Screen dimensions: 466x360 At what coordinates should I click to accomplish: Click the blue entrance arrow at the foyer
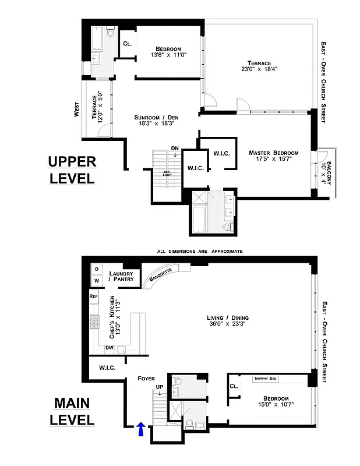click(140, 430)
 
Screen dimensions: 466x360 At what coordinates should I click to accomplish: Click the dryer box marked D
click(96, 269)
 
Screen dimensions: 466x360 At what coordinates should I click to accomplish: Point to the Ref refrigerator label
click(93, 296)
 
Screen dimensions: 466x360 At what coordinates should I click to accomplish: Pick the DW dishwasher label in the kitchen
click(109, 348)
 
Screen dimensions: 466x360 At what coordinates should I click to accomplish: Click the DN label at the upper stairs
click(175, 148)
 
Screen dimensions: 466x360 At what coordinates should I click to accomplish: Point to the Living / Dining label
click(228, 318)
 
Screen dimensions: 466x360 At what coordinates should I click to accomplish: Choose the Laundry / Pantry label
click(122, 276)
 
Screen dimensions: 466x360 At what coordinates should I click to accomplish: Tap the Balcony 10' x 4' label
click(327, 172)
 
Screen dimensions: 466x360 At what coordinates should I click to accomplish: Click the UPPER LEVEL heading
click(71, 170)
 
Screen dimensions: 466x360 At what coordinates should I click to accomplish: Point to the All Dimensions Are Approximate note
click(200, 251)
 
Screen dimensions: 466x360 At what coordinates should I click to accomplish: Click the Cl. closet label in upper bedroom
click(127, 43)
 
